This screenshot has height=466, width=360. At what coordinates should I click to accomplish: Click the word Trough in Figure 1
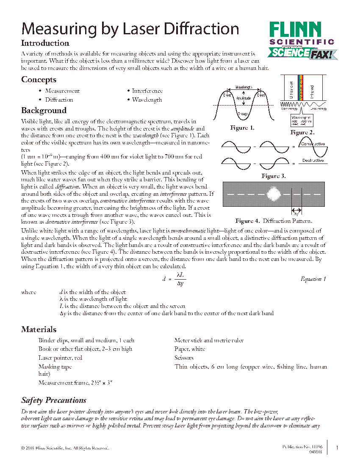[x=243, y=114]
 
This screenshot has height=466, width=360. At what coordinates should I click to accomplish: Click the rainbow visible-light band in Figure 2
[x=302, y=87]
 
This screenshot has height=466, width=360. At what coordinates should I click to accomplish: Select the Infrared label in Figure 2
[x=312, y=90]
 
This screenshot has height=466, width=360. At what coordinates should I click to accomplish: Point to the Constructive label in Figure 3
[x=312, y=144]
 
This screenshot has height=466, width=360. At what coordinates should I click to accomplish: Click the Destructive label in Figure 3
[x=313, y=161]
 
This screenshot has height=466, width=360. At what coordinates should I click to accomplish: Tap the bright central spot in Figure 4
[x=274, y=194]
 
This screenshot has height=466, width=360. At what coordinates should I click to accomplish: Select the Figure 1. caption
[x=242, y=128]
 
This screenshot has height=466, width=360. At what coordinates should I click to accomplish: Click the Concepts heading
[x=39, y=80]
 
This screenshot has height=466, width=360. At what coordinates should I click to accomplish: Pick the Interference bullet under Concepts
[x=147, y=91]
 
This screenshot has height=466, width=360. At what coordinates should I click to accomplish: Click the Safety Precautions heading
[x=54, y=400]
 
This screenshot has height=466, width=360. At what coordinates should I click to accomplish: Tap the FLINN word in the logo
[x=296, y=30]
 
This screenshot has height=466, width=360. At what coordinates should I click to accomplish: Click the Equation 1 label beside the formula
[x=313, y=279]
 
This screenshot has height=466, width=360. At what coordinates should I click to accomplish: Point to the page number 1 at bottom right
[x=337, y=448]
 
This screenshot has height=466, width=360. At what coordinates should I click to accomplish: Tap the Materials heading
[x=39, y=330]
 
